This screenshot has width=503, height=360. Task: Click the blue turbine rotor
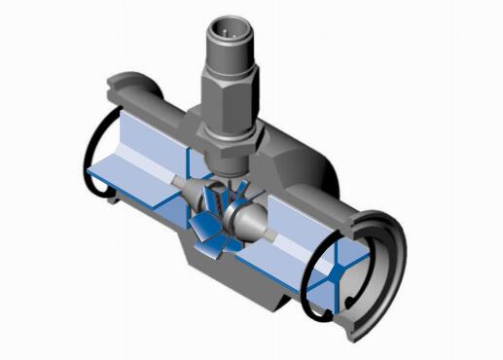[216, 219]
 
